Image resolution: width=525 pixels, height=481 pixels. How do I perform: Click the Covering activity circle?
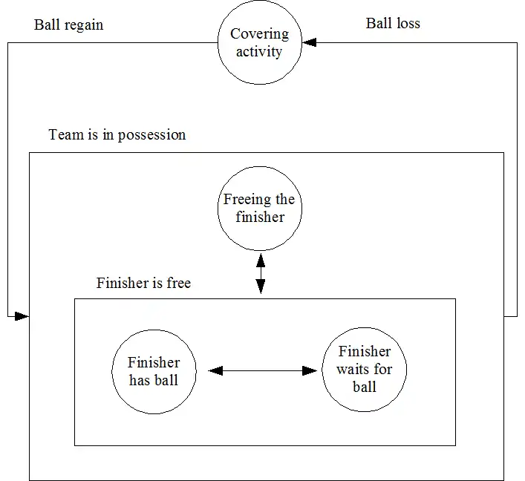click(259, 43)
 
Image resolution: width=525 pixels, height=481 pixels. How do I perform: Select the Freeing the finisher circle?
click(259, 208)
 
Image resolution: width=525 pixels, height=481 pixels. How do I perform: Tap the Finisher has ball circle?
click(154, 371)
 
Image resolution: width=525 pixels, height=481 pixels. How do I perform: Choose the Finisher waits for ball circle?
click(364, 370)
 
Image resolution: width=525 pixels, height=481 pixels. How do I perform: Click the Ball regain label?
click(69, 24)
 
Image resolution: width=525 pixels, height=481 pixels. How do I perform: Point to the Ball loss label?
click(393, 23)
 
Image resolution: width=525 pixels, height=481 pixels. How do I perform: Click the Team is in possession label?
click(117, 135)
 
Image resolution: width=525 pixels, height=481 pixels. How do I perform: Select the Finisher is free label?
click(143, 283)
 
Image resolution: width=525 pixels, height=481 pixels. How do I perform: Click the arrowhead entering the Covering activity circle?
click(309, 43)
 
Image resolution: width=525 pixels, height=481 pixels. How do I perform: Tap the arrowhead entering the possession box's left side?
click(22, 317)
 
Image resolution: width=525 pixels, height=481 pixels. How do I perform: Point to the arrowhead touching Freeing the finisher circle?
click(260, 260)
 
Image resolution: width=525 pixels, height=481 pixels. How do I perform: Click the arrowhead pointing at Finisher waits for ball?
click(310, 370)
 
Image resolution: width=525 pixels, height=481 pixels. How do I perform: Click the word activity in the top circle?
click(259, 52)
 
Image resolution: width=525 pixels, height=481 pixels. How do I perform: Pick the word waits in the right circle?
click(355, 370)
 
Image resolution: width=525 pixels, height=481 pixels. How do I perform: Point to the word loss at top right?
click(408, 23)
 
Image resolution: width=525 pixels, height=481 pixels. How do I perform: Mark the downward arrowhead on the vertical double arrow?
click(260, 287)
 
